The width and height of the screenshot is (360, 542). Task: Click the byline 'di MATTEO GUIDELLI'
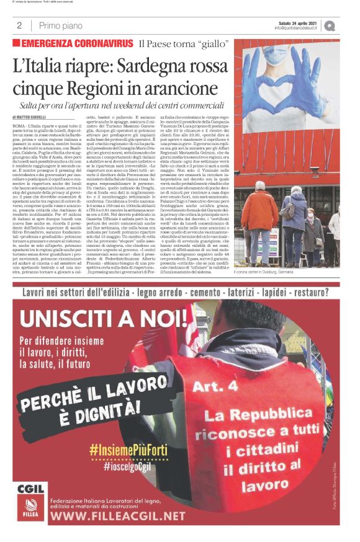pyautogui.click(x=30, y=117)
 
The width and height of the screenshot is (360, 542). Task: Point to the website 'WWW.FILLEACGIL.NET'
pyautogui.click(x=118, y=515)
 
